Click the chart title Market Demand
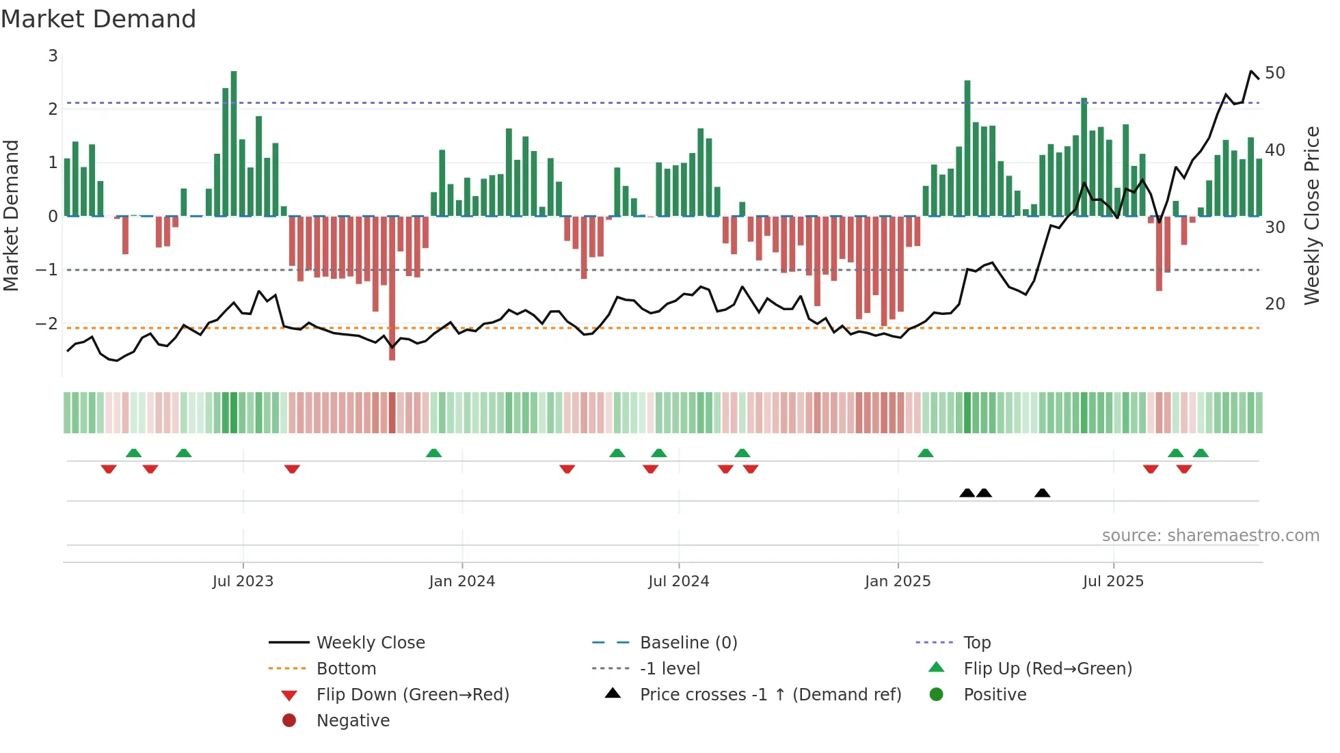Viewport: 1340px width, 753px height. tap(98, 18)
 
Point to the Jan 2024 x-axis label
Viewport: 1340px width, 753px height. tap(461, 581)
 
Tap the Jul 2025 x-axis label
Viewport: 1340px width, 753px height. tap(1113, 581)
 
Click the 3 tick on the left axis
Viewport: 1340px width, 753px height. tap(53, 56)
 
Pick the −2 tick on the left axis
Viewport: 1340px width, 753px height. tap(47, 323)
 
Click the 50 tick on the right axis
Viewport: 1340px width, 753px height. tap(1274, 72)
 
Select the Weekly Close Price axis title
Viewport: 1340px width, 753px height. tap(1311, 215)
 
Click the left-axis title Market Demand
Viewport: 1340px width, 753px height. tap(12, 215)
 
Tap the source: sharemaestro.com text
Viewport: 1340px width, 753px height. tap(1210, 535)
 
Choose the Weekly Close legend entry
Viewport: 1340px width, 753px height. tap(370, 642)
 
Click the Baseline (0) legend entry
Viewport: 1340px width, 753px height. tap(688, 642)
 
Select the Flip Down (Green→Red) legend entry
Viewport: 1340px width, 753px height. tap(412, 694)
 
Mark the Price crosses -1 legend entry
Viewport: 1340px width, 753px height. tap(770, 694)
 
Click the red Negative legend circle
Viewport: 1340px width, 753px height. tap(289, 720)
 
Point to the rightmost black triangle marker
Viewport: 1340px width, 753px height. tap(1042, 493)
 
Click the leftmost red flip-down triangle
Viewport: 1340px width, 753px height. tap(109, 469)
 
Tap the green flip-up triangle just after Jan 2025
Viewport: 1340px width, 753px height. tap(925, 453)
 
